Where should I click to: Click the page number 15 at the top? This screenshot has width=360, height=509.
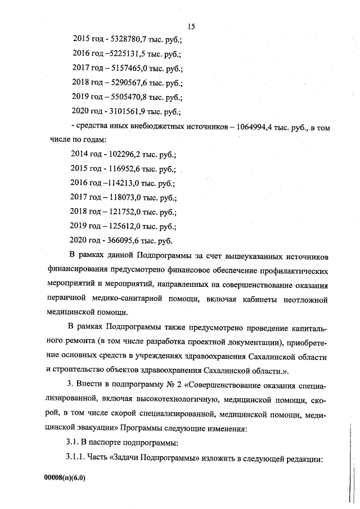(x=190, y=26)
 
